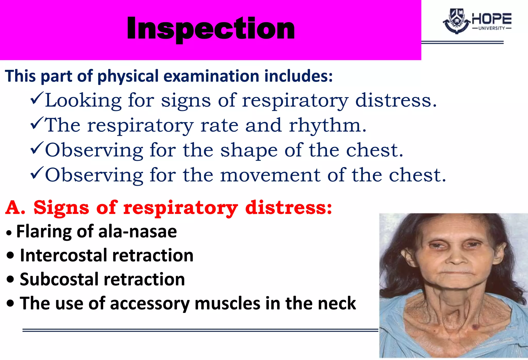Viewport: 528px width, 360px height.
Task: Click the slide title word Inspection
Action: point(211,28)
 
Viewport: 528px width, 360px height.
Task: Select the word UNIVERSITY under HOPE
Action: point(491,28)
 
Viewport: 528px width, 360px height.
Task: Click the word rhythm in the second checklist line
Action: point(327,125)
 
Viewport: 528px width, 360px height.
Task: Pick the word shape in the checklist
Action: point(249,150)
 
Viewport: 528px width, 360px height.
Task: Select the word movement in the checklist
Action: point(270,175)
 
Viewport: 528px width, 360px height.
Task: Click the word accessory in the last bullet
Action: point(150,303)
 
